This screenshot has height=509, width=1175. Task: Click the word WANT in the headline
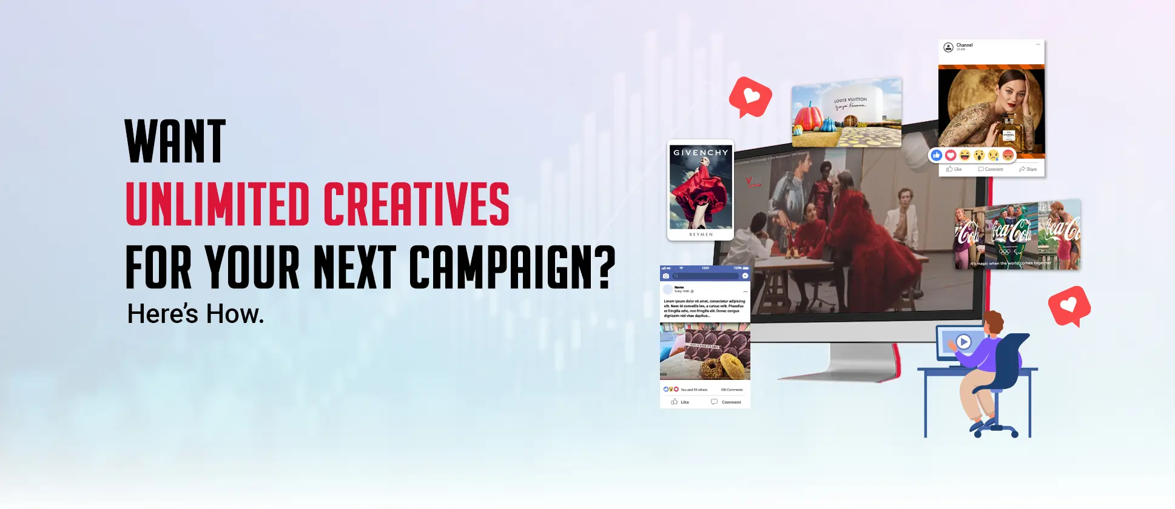click(x=175, y=141)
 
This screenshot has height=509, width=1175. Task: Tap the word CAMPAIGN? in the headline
click(x=512, y=267)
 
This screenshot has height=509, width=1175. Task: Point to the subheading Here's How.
click(x=195, y=314)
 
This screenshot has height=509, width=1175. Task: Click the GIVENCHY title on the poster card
click(x=701, y=153)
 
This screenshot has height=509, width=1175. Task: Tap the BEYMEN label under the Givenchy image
click(x=701, y=235)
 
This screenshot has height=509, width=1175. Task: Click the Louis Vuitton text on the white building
click(x=850, y=100)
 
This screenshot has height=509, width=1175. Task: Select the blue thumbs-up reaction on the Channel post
click(x=937, y=156)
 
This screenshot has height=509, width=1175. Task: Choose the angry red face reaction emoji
click(x=1008, y=156)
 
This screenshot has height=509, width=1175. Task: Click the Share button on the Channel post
click(x=1028, y=169)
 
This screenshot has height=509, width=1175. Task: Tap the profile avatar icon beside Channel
click(x=948, y=47)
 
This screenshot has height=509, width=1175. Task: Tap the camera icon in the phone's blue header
click(x=665, y=276)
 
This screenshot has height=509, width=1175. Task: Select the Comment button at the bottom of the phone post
click(x=726, y=402)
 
